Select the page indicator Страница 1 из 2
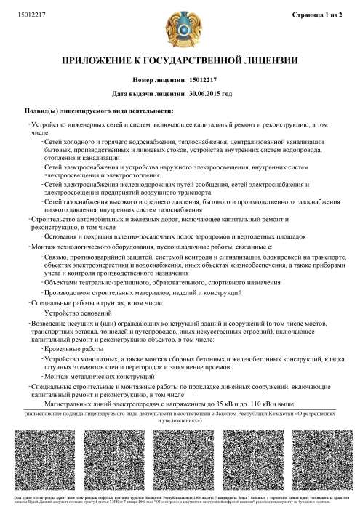321,15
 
